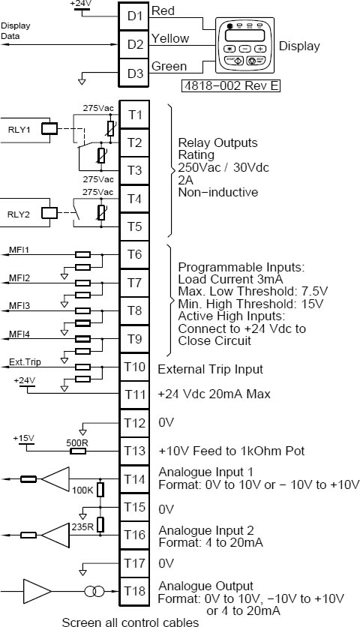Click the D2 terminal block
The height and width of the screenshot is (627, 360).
pos(134,44)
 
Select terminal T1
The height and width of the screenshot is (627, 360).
pos(134,115)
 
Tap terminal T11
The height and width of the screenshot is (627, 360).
pos(134,394)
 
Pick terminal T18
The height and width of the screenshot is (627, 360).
pos(134,591)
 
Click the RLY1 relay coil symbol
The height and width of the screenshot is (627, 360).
pos(50,129)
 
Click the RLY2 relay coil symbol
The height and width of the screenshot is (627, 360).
pos(50,213)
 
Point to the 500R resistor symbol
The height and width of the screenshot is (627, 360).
pos(78,451)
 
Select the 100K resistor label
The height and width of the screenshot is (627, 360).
pos(82,490)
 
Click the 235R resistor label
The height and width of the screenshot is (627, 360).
pos(82,526)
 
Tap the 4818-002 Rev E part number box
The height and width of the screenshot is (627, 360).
pos(231,85)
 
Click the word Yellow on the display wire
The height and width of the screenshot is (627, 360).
pos(170,38)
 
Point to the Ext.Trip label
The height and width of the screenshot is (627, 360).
pos(25,362)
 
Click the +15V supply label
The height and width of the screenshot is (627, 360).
pos(23,438)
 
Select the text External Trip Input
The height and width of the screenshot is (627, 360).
pos(211,369)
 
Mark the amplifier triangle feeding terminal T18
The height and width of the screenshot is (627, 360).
pos(37,591)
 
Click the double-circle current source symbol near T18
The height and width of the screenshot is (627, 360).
pos(94,591)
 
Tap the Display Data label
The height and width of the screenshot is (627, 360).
pos(16,31)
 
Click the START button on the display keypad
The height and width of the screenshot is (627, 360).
pos(235,61)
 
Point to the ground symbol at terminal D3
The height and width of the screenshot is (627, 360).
pos(82,81)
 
